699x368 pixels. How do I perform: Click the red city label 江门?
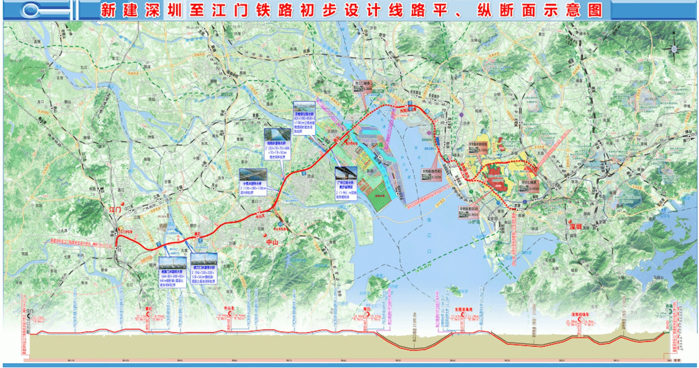point(115,210)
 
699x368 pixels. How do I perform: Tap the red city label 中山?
point(272,242)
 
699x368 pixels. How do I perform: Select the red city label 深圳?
point(576,227)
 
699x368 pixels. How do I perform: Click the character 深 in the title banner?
point(153,10)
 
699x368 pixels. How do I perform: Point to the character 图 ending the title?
point(595,10)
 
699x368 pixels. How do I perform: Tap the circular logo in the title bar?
point(31,10)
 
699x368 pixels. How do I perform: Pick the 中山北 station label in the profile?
point(229,308)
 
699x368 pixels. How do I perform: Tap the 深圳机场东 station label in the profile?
point(580,314)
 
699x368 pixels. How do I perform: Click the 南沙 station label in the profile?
point(367,309)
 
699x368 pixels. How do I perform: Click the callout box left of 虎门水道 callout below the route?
point(173,272)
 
